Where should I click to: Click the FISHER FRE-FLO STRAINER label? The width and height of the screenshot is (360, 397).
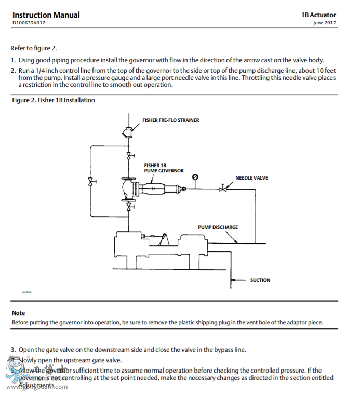170,120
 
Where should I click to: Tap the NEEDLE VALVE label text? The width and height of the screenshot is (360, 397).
251,177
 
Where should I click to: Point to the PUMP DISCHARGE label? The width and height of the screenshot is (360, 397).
218,227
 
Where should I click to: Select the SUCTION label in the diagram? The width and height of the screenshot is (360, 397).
260,280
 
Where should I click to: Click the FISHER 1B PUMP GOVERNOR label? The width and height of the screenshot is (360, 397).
164,168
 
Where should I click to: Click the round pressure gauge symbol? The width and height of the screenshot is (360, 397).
195,177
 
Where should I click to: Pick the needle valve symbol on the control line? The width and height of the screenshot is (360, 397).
223,188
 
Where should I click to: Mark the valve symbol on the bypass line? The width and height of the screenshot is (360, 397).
90,181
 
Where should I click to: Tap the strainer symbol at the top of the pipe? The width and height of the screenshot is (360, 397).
128,132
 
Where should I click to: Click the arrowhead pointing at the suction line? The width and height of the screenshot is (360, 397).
234,280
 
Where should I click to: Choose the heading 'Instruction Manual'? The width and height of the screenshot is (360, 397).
46,15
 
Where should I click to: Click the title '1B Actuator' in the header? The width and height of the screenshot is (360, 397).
318,15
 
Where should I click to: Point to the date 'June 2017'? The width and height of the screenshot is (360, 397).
324,23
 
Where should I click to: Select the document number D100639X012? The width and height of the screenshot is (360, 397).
29,23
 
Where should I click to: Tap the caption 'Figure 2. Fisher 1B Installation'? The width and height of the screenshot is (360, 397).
54,100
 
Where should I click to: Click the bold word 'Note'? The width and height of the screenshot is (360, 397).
18,313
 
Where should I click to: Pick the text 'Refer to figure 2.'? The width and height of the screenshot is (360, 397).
34,48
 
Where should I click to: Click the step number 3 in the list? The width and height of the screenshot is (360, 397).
13,349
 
